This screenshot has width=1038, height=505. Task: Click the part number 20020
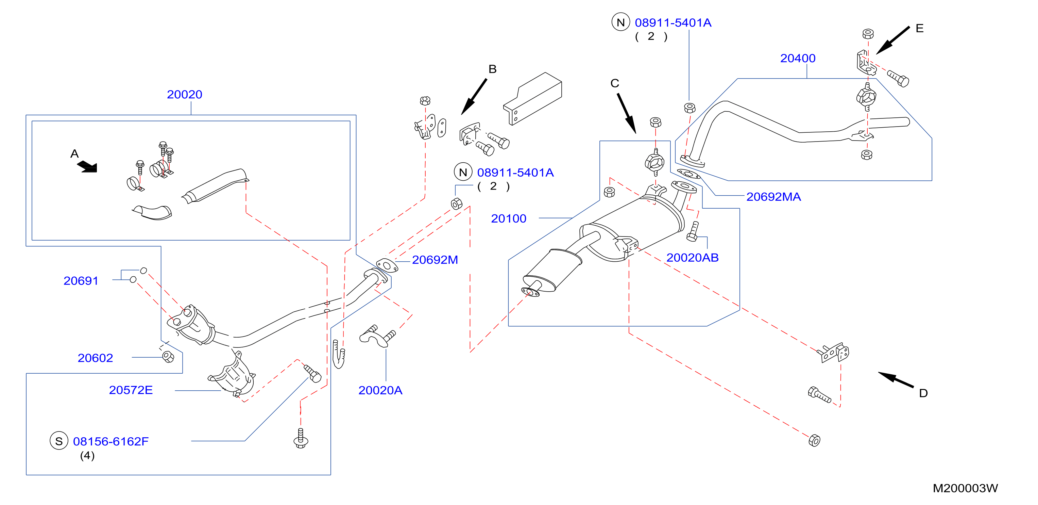(x=185, y=94)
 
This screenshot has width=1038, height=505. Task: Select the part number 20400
(x=798, y=59)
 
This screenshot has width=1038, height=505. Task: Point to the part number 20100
(x=509, y=218)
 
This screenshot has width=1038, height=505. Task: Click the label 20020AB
(x=692, y=258)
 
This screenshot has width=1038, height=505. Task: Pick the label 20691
(x=81, y=281)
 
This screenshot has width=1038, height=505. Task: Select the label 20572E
(x=131, y=390)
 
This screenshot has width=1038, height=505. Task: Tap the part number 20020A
(x=380, y=390)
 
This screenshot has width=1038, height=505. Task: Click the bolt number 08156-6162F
(x=111, y=442)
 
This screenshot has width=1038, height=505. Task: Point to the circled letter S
(x=59, y=441)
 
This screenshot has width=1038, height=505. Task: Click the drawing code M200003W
(x=966, y=488)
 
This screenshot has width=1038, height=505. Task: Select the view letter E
(x=920, y=28)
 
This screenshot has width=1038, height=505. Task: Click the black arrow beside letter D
(x=896, y=379)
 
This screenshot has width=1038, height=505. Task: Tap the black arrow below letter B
(x=474, y=97)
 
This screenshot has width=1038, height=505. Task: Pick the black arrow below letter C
(x=627, y=114)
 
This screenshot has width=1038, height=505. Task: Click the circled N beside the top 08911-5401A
(x=620, y=22)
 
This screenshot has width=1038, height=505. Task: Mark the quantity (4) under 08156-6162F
(x=87, y=456)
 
